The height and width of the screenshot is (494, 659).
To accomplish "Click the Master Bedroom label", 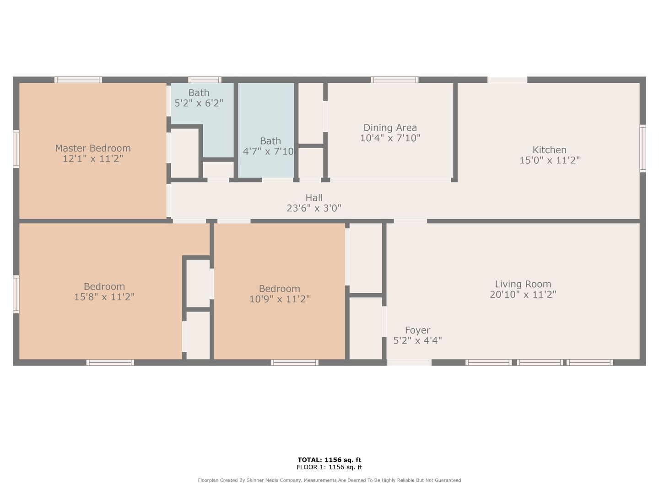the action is [93, 148].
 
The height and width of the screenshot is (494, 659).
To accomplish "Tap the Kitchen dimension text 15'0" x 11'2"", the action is [550, 160].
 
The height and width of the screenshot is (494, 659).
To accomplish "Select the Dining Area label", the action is [390, 128].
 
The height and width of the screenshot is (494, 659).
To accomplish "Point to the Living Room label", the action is [523, 284].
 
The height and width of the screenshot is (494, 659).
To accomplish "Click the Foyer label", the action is [418, 330].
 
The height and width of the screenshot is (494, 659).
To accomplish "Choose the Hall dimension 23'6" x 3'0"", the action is [314, 208].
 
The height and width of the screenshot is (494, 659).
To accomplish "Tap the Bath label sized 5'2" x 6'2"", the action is [199, 93].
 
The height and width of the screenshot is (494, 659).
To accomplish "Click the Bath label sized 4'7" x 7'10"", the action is [270, 141].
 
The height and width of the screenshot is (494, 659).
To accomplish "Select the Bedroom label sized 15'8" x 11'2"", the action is [104, 286].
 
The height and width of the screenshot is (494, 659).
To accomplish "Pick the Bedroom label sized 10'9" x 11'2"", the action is [279, 289].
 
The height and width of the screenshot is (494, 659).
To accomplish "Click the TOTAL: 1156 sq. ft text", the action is [329, 460].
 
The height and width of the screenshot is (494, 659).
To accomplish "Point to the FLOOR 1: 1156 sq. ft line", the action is [329, 467].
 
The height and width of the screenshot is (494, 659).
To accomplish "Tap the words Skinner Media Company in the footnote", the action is [274, 480].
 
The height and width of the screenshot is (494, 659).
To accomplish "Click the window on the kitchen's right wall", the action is [643, 149].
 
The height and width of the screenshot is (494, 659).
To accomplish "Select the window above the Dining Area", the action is [394, 80].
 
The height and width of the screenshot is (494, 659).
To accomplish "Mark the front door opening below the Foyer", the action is [409, 363].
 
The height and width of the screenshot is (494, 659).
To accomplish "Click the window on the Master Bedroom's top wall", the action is [78, 80].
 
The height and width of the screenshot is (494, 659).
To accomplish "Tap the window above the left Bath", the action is [205, 80].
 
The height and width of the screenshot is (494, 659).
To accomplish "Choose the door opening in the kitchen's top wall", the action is [508, 80].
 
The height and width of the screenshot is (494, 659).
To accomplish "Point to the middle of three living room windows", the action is [540, 363].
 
